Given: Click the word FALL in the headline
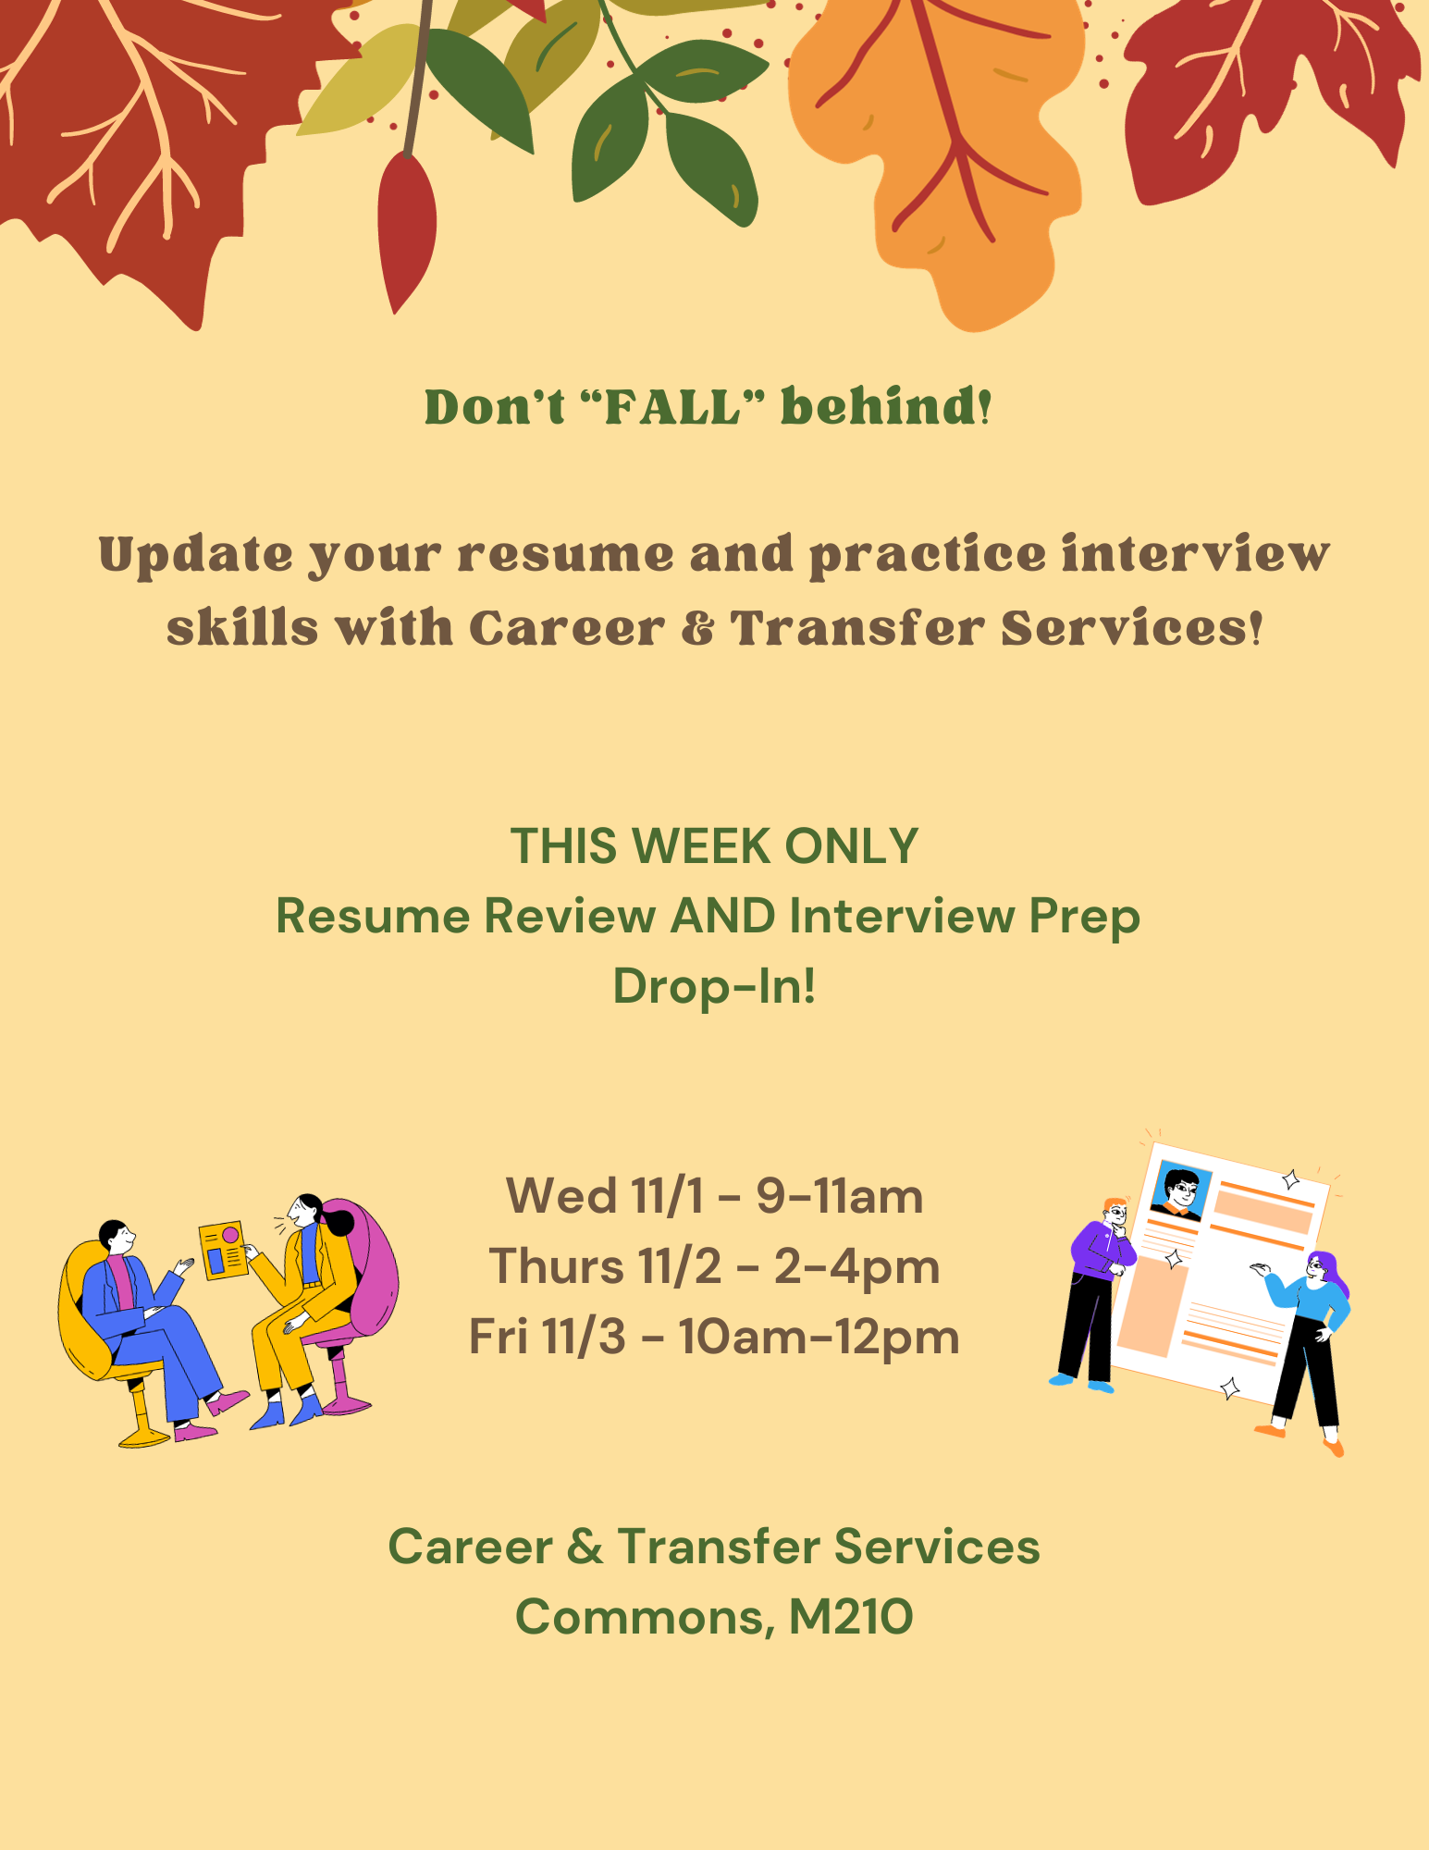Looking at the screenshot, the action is click(x=673, y=408).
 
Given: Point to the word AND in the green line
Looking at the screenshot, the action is click(x=722, y=916).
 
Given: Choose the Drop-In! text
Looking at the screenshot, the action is click(x=714, y=986).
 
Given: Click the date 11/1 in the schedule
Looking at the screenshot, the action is click(x=667, y=1196).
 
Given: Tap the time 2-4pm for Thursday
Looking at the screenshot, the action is click(x=856, y=1268).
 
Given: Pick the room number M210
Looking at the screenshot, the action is click(x=851, y=1617).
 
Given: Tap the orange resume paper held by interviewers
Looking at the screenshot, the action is click(x=223, y=1251).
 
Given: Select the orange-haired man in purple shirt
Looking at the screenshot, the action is click(x=1095, y=1294).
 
